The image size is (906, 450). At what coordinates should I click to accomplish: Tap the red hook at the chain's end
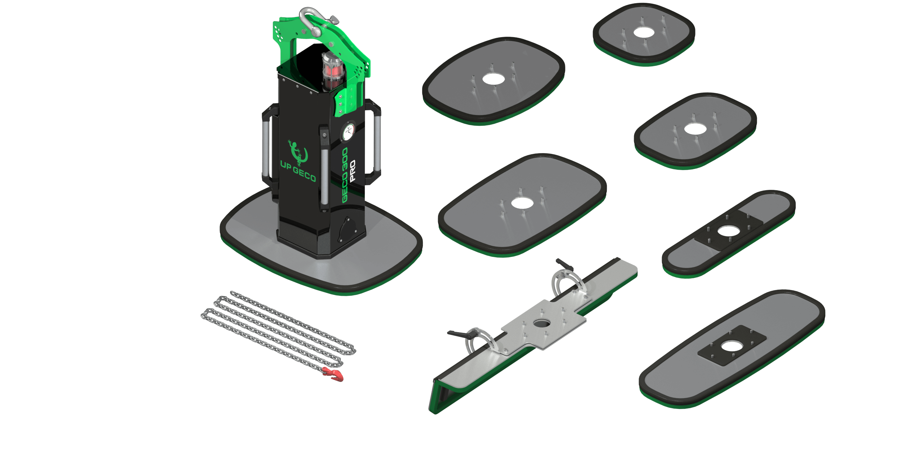pyautogui.click(x=334, y=374)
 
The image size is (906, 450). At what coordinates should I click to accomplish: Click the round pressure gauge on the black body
pyautogui.click(x=348, y=132)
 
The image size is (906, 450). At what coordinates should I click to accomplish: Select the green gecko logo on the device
pyautogui.click(x=298, y=152)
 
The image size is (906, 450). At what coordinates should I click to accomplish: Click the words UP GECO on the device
pyautogui.click(x=298, y=171)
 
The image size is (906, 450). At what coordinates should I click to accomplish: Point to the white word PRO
pyautogui.click(x=353, y=170)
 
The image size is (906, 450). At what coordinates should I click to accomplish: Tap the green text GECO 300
pyautogui.click(x=345, y=175)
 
